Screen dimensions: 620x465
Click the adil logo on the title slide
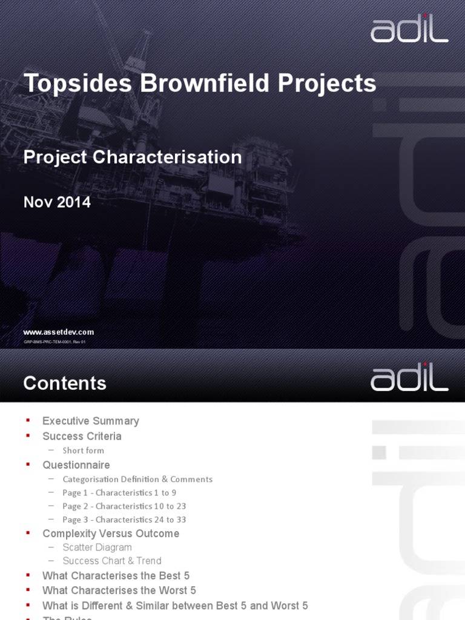(409, 29)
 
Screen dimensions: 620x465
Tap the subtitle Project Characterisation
(133, 157)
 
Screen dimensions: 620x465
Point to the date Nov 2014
(57, 202)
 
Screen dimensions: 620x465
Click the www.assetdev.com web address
(59, 332)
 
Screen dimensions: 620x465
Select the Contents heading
(65, 383)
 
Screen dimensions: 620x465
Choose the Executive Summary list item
(91, 421)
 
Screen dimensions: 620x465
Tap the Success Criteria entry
(82, 436)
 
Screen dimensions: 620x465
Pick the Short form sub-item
(83, 450)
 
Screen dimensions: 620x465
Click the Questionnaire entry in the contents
(76, 465)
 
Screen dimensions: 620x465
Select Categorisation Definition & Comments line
(137, 479)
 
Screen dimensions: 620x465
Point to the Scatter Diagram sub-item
(97, 547)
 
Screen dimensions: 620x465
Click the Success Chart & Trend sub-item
(112, 561)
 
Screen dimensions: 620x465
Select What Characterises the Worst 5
(119, 590)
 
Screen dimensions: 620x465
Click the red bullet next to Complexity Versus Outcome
(27, 533)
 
